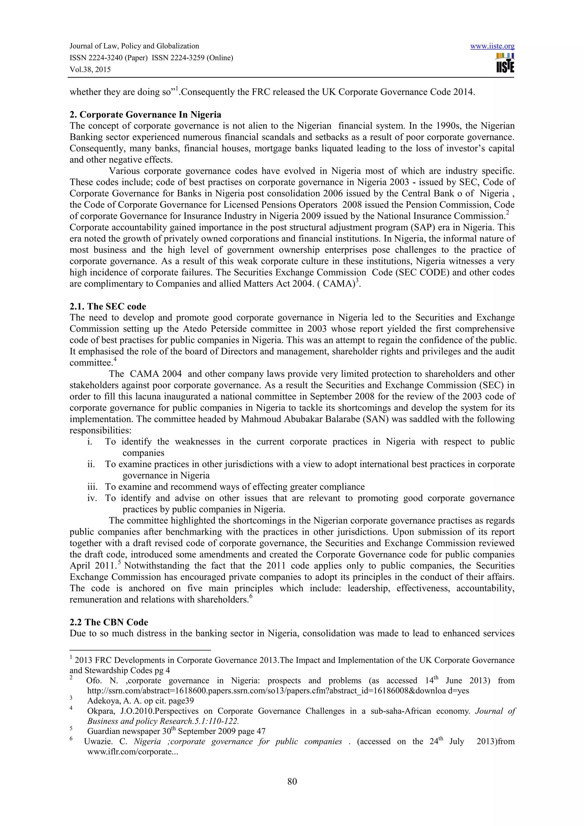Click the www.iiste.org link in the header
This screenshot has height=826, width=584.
pos(492,46)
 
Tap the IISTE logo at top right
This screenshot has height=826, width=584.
pos(505,63)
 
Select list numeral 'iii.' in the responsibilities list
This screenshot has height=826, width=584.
pos(92,487)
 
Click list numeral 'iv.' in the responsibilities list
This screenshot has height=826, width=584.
pos(92,498)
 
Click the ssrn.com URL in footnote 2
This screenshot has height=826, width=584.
pos(278,691)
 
